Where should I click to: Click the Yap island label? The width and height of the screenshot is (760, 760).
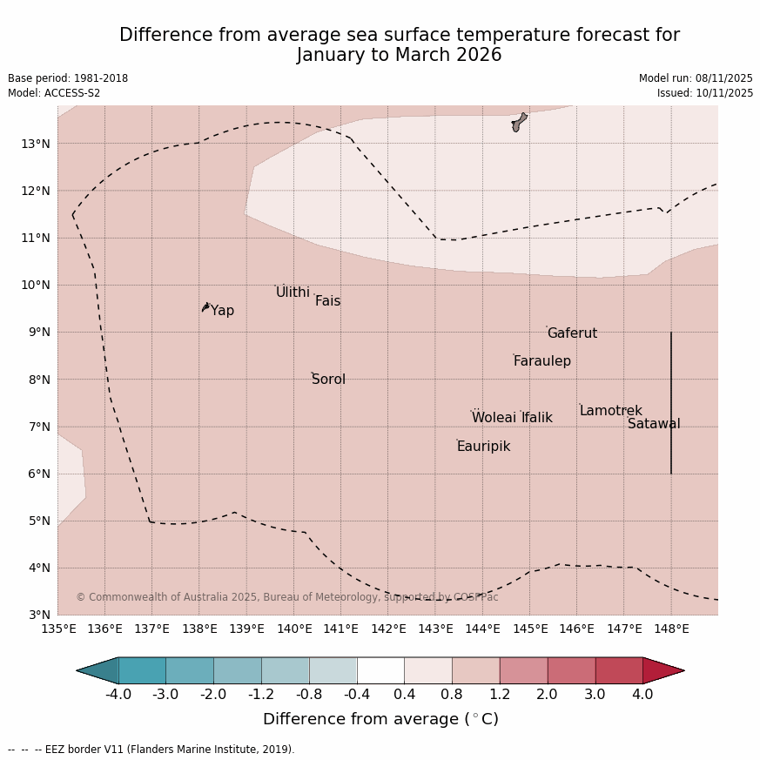[222, 311]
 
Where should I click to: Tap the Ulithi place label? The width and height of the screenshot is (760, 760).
[293, 293]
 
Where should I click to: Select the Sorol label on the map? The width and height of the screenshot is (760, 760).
[328, 380]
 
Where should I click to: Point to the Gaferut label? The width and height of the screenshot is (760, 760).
[572, 333]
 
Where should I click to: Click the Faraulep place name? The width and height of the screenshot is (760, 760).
[541, 361]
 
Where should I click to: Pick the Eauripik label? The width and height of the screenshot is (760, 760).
[483, 447]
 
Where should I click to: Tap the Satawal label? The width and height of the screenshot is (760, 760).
[654, 424]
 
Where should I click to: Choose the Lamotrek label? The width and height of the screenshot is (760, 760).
[610, 411]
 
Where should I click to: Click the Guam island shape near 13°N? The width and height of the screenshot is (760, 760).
[519, 122]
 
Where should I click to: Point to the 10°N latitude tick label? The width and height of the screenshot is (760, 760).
[36, 285]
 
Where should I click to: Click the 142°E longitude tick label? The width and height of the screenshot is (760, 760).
[388, 629]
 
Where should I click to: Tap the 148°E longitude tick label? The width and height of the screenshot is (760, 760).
[671, 629]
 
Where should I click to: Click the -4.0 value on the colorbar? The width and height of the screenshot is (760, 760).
[118, 695]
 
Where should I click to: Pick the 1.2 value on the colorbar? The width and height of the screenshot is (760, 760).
[500, 695]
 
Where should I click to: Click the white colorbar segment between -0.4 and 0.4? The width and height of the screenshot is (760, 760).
[380, 670]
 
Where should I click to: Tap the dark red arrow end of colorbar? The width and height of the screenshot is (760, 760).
[663, 670]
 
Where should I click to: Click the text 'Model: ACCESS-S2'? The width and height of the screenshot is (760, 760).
[54, 93]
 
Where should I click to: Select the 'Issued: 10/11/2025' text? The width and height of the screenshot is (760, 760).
[705, 93]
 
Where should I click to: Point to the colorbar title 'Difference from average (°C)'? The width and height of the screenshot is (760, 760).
[380, 720]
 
